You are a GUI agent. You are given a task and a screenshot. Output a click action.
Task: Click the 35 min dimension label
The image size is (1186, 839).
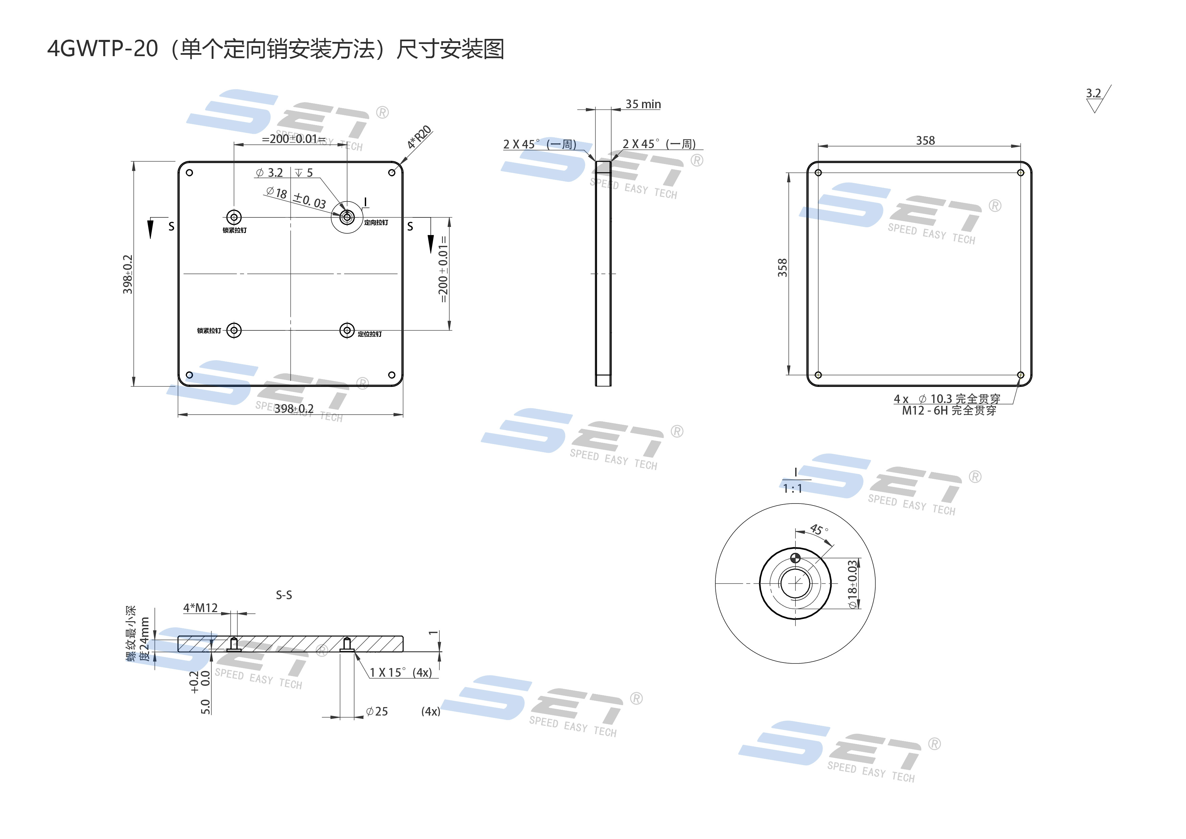643,104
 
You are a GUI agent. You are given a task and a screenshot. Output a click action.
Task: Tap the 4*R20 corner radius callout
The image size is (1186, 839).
419,137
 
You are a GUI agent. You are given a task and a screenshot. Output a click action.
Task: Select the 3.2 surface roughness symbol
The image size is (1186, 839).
1094,94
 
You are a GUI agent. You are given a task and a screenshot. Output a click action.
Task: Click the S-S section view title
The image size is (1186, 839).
284,595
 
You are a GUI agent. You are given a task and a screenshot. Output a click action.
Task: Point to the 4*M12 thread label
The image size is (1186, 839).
200,608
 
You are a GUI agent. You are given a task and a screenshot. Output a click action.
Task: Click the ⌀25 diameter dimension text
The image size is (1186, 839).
377,712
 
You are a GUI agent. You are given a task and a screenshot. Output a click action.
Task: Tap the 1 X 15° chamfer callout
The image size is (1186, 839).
400,672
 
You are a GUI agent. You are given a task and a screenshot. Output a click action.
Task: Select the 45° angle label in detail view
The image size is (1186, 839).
819,530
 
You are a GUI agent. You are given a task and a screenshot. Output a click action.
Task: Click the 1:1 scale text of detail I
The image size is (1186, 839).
792,489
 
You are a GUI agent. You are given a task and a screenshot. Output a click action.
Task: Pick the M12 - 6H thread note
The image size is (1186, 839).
949,411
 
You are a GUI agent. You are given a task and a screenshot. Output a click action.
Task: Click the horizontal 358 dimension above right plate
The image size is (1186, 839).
925,141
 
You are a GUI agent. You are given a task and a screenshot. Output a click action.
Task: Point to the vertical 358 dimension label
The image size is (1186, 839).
783,267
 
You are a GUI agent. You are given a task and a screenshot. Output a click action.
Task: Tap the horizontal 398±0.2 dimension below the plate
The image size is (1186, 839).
293,409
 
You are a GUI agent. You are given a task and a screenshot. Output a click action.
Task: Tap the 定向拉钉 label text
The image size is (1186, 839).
376,223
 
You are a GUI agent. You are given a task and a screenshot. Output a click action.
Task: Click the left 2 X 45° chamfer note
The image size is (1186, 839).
539,144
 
